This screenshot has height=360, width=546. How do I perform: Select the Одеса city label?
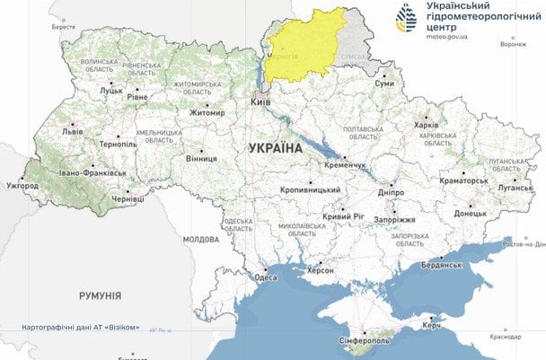click(266, 278)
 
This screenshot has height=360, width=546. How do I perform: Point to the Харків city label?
click(427, 126)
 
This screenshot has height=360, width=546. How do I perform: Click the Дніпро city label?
click(391, 191)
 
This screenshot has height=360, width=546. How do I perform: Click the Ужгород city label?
click(22, 186)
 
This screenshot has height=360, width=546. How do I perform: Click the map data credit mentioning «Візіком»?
click(87, 327)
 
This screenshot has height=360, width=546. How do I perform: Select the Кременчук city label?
click(339, 166)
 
